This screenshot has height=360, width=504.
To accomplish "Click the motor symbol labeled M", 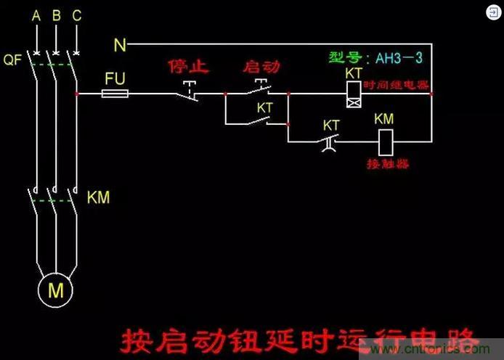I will coord(56,291).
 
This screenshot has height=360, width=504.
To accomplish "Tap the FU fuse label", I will coord(115,78).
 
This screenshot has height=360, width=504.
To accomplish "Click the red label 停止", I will coord(188,67).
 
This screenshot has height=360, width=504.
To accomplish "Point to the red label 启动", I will coord(261,67).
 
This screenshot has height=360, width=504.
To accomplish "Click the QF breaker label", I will coord(13,61).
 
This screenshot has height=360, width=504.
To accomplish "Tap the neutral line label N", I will coord(120,46).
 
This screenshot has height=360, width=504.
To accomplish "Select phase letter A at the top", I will coord(36,15).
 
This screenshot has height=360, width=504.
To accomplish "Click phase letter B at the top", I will coord(57,15).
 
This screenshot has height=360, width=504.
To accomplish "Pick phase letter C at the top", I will coord(77,15).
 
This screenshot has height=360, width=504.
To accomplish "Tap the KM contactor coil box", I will coord(384,140).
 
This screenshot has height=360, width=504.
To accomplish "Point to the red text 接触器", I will coord(386,164).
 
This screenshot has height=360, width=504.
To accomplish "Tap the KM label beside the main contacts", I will coord(98,197).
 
